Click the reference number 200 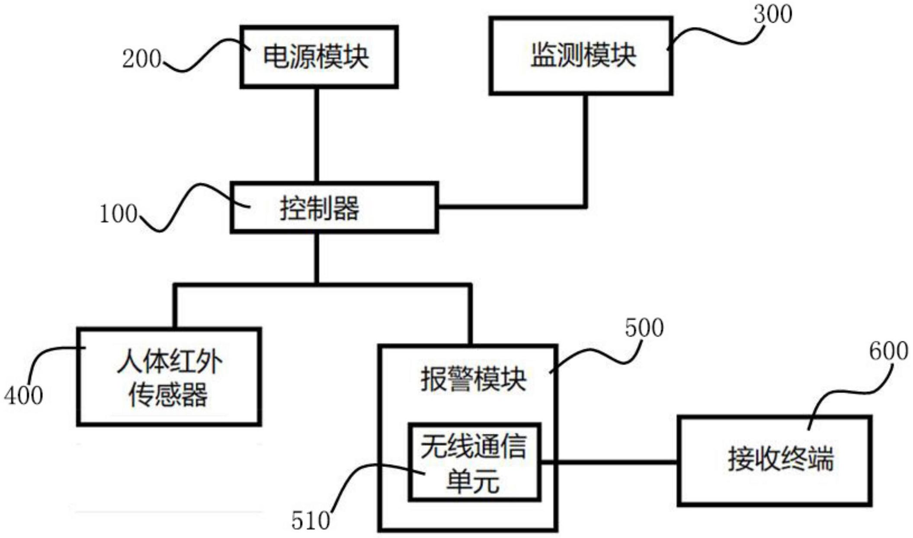click(x=141, y=59)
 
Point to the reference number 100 click(x=118, y=214)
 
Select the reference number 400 click(x=24, y=395)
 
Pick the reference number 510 click(x=311, y=521)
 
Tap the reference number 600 click(x=888, y=351)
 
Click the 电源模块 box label click(x=316, y=57)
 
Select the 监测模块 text click(x=583, y=56)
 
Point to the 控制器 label click(x=320, y=208)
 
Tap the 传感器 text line click(x=168, y=394)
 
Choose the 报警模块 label click(x=473, y=379)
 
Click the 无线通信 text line click(x=474, y=446)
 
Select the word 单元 click(x=473, y=481)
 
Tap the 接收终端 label click(x=781, y=458)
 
